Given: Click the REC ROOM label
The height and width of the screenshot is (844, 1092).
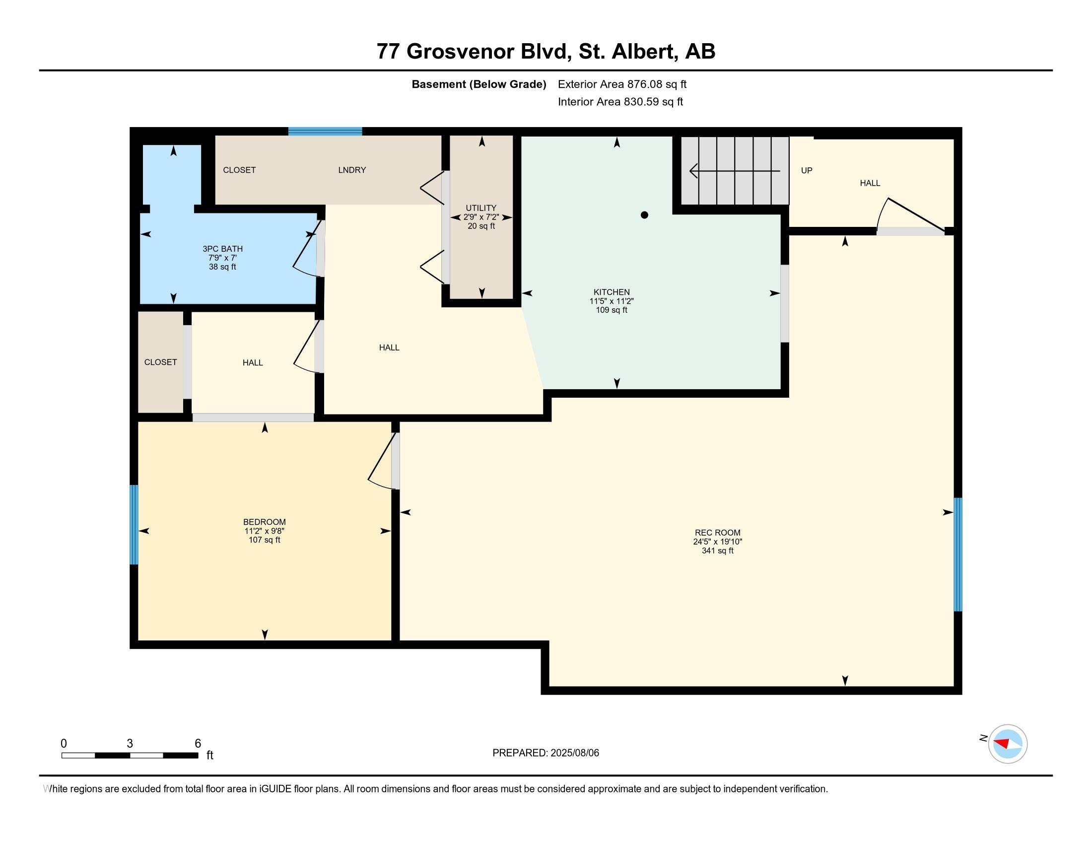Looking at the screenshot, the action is pos(718,533).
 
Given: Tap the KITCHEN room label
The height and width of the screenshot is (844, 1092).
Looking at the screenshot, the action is pos(612,292).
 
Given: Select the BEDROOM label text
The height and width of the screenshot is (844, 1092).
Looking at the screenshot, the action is pos(265,522).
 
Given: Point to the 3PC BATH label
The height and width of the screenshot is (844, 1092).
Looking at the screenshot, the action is pos(222,249).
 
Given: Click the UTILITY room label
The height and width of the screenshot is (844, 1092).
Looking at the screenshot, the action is pos(481,208).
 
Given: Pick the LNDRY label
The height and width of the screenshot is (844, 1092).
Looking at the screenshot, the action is pos(352,170).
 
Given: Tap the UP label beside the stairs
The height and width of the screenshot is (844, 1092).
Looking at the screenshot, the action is pos(807,170).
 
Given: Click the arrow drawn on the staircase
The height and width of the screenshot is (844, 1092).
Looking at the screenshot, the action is pos(735,171).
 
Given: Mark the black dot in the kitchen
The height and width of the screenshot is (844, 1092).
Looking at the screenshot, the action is pos(644,215).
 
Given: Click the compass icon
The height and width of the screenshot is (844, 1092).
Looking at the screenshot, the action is pos(1008,744).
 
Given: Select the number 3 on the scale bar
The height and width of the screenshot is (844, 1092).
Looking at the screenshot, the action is pos(130,744).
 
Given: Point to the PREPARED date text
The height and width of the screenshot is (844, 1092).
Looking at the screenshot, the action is pos(546,753).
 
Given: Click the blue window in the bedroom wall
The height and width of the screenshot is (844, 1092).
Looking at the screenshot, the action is pos(134,524).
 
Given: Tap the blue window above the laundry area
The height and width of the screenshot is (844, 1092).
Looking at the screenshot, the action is pos(325,132).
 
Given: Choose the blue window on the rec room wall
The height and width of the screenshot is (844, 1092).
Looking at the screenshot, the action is pos(958,555).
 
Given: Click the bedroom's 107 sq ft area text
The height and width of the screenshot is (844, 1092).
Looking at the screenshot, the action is pos(265,540).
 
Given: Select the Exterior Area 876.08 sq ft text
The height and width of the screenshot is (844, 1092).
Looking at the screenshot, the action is pos(622,84).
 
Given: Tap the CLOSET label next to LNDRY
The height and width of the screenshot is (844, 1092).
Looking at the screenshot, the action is pos(240,170).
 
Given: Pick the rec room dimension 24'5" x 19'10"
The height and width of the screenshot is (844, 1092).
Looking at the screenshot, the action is pos(718,542).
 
